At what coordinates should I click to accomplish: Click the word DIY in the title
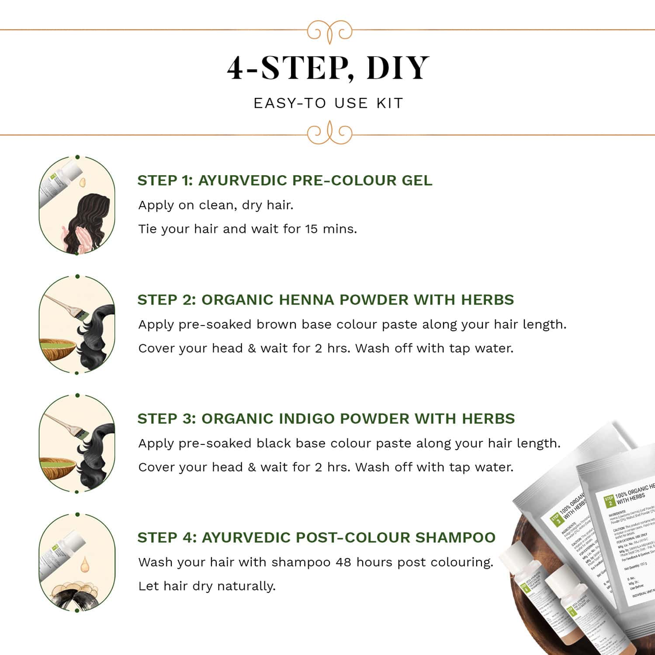(x=398, y=68)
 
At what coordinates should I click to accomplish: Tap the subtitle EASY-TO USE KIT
(x=328, y=104)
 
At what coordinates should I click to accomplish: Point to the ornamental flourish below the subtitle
(x=329, y=134)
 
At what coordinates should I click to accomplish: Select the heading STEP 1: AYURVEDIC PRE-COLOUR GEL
(x=284, y=180)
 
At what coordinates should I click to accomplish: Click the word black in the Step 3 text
(x=274, y=443)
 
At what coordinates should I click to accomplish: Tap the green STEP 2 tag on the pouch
(x=609, y=501)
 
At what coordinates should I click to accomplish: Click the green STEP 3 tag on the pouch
(x=555, y=520)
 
